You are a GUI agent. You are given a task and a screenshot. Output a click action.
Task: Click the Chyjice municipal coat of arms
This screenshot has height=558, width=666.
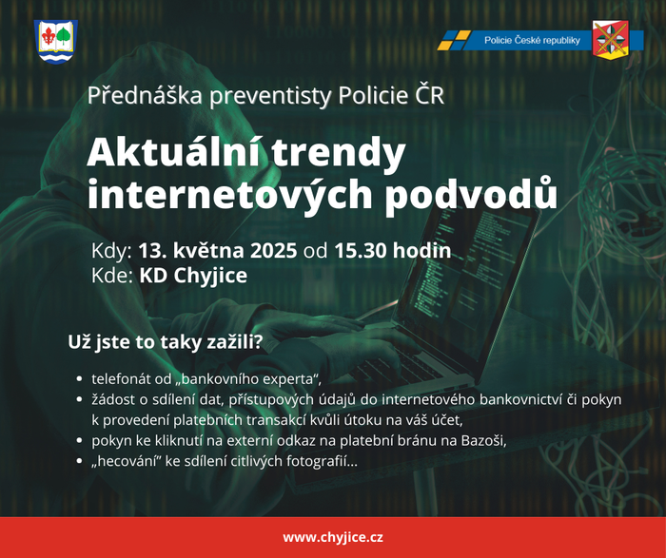point(55,42)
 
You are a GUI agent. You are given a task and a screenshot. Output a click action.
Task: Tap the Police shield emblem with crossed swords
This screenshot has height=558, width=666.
point(611,40)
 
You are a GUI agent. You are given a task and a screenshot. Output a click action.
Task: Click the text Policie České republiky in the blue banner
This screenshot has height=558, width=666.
point(532,40)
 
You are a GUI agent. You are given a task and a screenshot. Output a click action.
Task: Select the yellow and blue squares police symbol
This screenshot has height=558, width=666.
point(454,40)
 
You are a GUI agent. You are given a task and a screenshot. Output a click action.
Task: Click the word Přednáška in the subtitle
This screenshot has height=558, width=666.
point(145,95)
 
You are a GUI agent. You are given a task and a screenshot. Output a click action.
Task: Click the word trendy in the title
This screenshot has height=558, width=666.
point(339,155)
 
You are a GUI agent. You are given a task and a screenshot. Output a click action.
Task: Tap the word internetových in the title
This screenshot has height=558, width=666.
point(229,195)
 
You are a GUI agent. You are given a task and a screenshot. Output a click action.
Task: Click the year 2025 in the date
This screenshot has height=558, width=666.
point(273,250)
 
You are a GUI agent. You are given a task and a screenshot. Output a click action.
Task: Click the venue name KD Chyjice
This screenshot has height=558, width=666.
point(193,276)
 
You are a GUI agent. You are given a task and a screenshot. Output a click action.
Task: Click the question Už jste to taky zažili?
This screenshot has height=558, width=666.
point(166,342)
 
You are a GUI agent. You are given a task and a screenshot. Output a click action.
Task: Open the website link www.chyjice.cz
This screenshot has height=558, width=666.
point(333,538)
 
